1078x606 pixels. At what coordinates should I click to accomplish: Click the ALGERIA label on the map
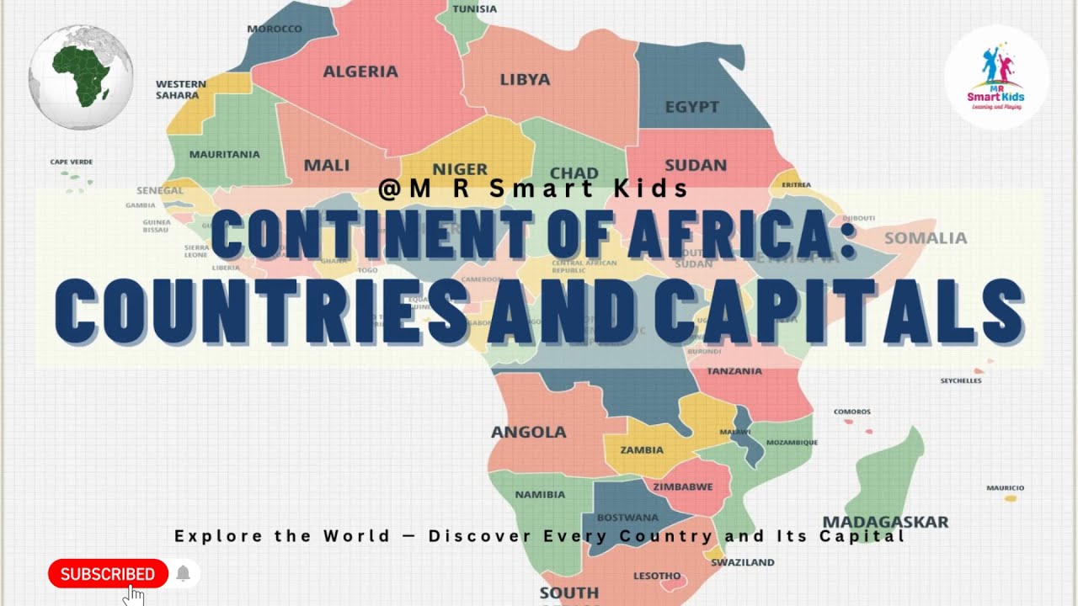pos(360,72)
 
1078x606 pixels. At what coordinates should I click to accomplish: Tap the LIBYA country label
pos(525,80)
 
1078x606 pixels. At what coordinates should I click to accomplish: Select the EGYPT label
pos(691,107)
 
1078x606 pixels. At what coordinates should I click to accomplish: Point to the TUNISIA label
pos(475,9)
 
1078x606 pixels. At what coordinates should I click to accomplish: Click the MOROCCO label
pos(275,29)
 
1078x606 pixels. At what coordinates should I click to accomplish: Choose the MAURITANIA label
pos(224,154)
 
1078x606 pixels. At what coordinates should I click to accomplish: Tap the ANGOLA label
pos(529,432)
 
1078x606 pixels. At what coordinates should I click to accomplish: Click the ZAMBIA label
pos(642,449)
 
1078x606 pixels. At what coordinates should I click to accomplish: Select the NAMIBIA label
pos(540,494)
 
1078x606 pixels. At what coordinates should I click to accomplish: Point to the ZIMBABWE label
pos(683,486)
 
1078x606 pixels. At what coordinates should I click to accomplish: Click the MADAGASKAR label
pos(885,522)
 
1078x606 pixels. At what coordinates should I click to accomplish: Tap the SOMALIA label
pos(926,238)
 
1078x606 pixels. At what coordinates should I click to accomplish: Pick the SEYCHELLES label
pos(961,380)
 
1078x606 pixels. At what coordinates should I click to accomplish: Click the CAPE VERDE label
pos(72,162)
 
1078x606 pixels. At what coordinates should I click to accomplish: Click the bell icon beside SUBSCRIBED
pos(183,574)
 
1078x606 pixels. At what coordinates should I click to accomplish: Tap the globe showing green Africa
pos(81,77)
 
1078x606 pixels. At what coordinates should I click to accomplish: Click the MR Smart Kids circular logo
pos(996,77)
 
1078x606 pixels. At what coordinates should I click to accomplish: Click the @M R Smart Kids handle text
pos(533,189)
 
